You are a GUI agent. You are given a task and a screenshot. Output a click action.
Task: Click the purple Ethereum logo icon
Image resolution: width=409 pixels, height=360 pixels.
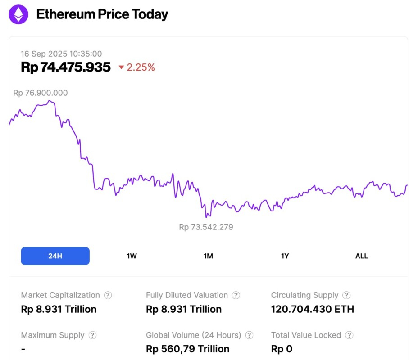pos(18,14)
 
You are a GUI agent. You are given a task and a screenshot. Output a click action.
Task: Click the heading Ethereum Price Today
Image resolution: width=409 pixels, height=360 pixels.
pos(102,14)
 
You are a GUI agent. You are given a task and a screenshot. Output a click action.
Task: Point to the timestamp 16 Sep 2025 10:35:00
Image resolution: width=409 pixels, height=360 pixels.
pos(61,54)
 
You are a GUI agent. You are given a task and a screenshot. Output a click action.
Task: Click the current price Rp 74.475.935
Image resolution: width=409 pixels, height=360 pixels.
pos(66,67)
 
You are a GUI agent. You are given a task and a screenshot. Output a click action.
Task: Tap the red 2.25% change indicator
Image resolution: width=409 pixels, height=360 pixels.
pos(137,67)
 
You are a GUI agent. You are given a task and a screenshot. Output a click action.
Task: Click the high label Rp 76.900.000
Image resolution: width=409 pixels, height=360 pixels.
pos(41,93)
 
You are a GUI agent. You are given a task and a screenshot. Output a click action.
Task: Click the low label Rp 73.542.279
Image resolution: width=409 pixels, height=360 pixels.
pos(206,227)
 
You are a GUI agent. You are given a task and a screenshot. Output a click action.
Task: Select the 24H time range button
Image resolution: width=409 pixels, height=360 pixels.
pos(55,256)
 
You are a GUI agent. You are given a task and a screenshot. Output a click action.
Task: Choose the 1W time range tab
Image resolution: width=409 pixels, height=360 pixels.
pos(132,256)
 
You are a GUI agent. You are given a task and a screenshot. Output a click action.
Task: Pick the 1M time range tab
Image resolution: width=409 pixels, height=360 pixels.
pos(208,256)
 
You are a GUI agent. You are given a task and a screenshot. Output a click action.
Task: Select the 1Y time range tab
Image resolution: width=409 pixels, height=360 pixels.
pos(285,256)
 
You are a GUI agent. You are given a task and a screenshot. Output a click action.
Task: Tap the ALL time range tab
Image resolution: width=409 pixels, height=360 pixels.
pos(361,256)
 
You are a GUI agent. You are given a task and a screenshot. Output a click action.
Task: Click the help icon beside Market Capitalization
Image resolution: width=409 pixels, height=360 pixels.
pos(108,295)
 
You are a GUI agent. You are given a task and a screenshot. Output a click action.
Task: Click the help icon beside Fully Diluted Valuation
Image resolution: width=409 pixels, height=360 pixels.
pos(236,295)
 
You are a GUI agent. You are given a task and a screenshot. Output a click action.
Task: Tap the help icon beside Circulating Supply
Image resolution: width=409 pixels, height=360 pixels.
pos(346,295)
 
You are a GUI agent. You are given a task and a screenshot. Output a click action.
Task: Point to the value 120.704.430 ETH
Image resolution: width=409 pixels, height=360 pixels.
pos(312,309)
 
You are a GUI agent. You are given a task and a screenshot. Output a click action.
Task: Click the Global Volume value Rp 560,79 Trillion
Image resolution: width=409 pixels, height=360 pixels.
pos(187,349)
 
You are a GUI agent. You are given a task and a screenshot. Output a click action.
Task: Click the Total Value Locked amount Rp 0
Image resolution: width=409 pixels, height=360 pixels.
pos(282,349)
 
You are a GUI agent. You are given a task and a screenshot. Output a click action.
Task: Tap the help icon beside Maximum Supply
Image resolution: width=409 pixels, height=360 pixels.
pos(92,335)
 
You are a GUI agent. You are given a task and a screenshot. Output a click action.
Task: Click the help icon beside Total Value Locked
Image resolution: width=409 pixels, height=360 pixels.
pos(349,335)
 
